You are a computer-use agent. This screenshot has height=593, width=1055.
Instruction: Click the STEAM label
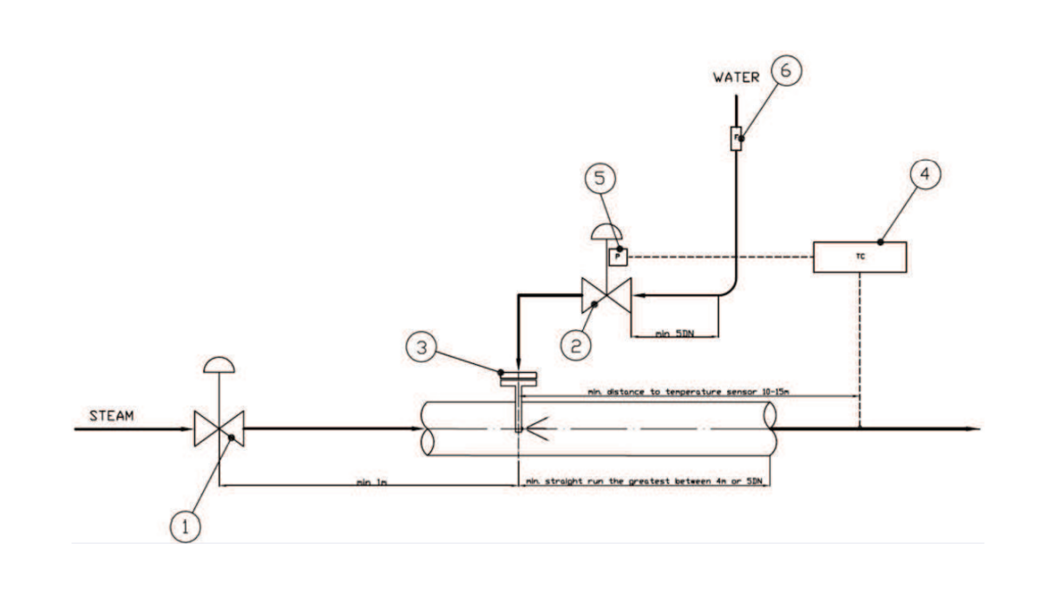click(x=112, y=416)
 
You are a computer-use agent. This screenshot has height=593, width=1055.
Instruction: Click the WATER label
click(x=736, y=77)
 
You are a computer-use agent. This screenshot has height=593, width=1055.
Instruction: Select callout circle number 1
click(x=184, y=526)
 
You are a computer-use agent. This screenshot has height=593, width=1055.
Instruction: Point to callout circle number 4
click(x=926, y=174)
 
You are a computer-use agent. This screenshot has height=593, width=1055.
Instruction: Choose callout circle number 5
click(x=600, y=179)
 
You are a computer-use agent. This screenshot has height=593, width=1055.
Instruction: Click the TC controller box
click(x=860, y=257)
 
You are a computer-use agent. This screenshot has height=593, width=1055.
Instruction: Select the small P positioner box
click(x=618, y=257)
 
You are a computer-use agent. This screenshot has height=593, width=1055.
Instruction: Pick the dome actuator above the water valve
click(x=606, y=231)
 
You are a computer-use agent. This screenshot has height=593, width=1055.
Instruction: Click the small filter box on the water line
click(x=736, y=138)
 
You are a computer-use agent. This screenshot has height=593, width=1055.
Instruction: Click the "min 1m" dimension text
click(x=370, y=479)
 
